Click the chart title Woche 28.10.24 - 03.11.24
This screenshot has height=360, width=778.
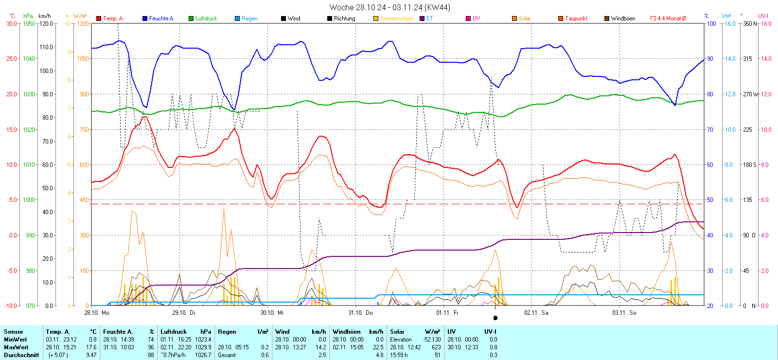coord(389,7)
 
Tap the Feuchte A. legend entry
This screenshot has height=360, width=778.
coord(161,18)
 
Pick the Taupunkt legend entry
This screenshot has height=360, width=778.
coord(576,18)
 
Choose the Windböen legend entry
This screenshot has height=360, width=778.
coord(622,18)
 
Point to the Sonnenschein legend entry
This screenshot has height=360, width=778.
coord(396,18)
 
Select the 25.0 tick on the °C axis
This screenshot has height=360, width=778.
coord(12,59)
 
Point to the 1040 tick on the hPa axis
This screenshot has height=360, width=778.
coord(29,59)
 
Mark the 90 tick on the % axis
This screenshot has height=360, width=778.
coord(710,59)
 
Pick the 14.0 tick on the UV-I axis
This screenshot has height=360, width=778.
coord(766,59)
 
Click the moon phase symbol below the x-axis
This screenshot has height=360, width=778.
coord(495,318)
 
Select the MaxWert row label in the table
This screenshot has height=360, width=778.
coord(16,347)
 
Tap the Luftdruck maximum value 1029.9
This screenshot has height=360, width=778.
coord(203,347)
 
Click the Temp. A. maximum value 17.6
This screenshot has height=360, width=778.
coord(91,347)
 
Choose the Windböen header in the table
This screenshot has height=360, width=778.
coord(346,332)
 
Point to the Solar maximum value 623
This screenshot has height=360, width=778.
coord(436,347)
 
